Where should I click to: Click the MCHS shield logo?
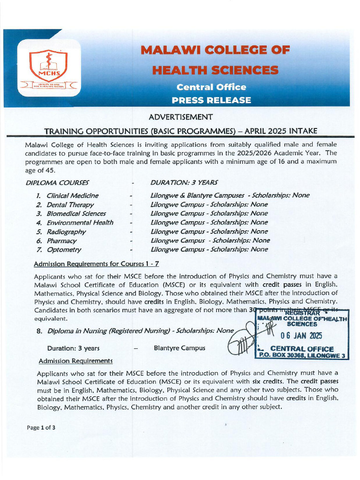(x=48, y=66)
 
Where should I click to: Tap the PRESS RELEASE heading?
(x=211, y=100)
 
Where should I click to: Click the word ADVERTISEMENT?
(x=180, y=117)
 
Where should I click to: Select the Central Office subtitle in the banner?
(x=211, y=87)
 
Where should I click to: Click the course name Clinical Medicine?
(x=73, y=195)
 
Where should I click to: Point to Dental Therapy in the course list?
(x=70, y=204)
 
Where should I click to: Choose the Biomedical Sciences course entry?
(x=76, y=213)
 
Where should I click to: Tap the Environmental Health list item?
(x=80, y=223)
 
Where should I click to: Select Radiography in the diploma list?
(x=66, y=232)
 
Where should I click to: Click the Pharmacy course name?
(x=61, y=240)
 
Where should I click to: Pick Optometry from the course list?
(x=64, y=250)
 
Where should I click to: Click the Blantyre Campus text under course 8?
(x=179, y=348)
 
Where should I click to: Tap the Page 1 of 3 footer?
(x=41, y=427)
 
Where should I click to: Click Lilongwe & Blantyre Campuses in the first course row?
(x=197, y=195)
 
